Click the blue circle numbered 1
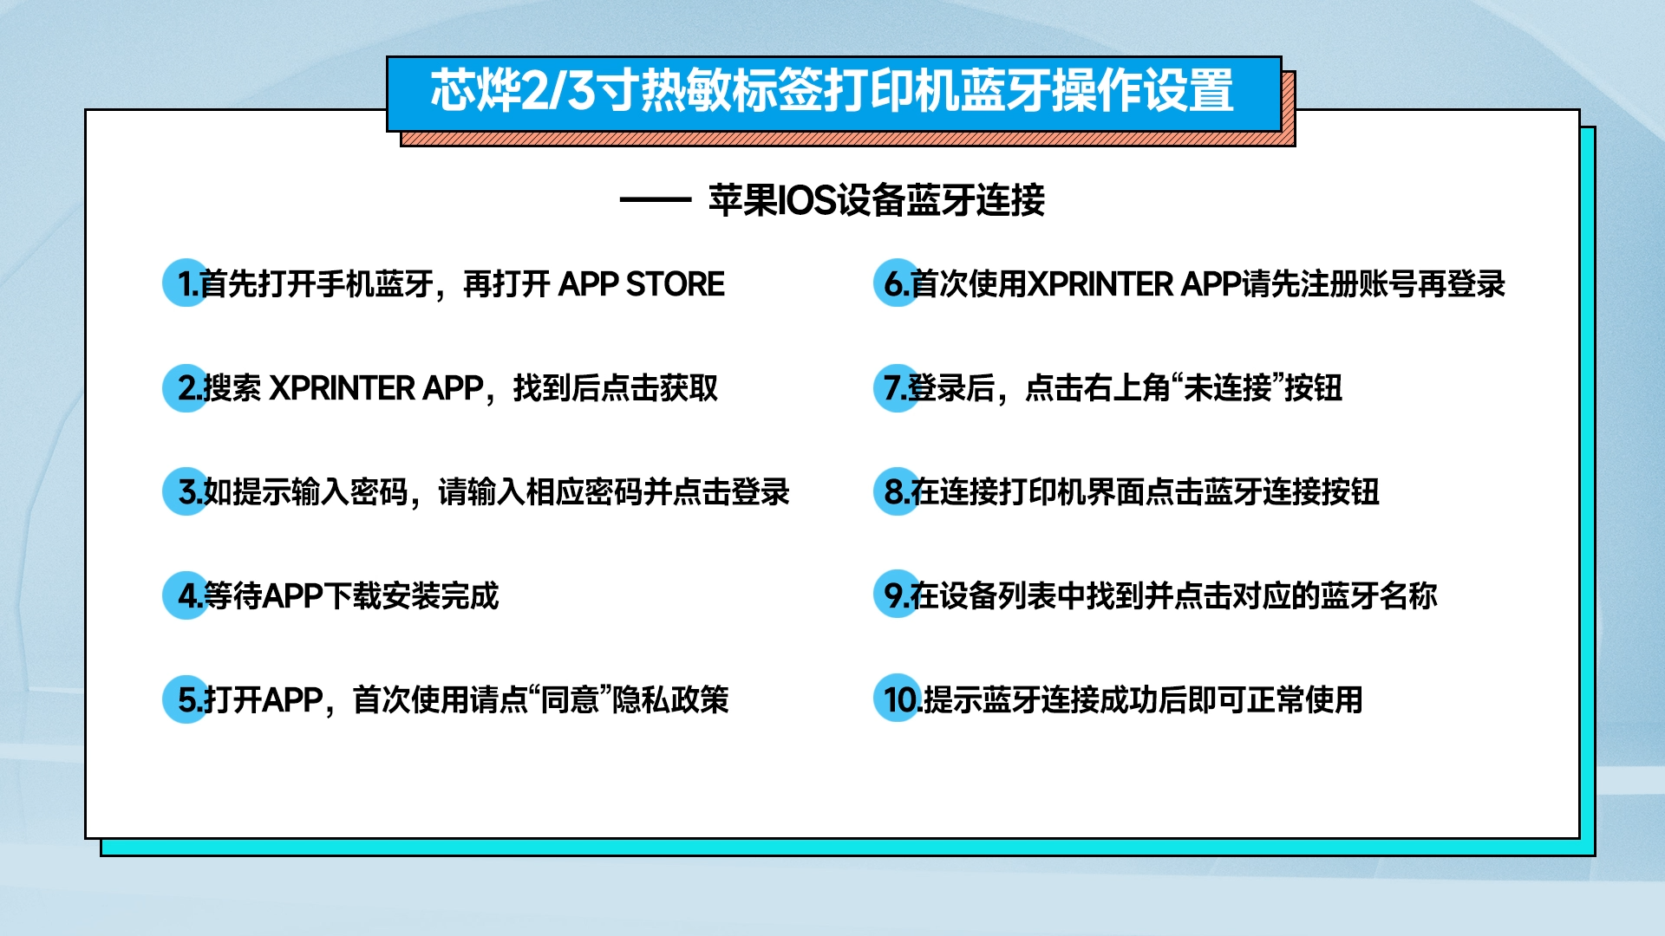tap(186, 283)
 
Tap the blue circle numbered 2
tap(186, 387)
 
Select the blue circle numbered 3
tap(186, 491)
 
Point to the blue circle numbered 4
tap(186, 595)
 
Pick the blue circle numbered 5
tap(186, 699)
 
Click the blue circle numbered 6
tap(897, 283)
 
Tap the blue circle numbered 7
tap(897, 387)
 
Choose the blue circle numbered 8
tap(897, 491)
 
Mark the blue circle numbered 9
tap(897, 595)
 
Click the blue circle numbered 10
tap(897, 699)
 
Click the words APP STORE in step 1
tap(642, 284)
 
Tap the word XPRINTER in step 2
tap(343, 388)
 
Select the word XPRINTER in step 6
tap(1100, 284)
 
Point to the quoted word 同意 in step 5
tap(570, 699)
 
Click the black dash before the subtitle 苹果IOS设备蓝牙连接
tap(655, 200)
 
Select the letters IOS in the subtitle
tap(806, 200)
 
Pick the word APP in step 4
tap(292, 596)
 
